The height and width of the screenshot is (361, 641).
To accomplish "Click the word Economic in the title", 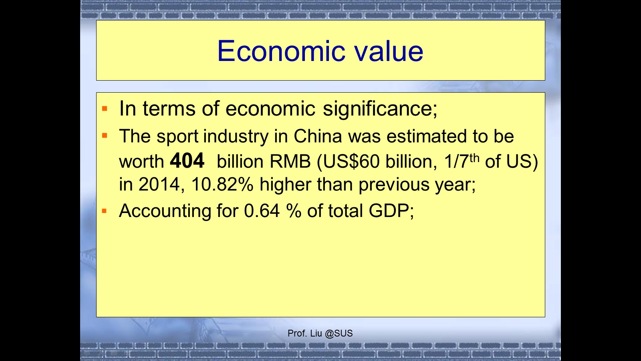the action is (281, 51).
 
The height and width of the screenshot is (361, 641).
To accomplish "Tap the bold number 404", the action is (187, 160).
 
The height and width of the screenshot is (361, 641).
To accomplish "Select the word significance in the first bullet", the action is (380, 109).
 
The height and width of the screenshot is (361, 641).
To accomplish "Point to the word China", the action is (318, 136).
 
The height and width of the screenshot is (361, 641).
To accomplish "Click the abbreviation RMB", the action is (290, 161).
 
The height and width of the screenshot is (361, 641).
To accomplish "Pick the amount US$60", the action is (352, 162).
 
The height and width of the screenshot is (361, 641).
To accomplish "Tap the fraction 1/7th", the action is (462, 161).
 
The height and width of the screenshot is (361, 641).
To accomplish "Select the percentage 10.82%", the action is (222, 184).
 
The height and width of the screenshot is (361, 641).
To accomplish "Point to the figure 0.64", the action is (262, 211).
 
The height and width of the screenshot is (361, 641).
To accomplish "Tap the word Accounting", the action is (165, 211).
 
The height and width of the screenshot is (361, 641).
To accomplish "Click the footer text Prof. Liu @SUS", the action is (320, 333).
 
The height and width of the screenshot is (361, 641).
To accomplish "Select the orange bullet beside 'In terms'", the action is (105, 109).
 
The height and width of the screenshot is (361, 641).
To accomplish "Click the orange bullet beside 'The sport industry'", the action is (105, 135).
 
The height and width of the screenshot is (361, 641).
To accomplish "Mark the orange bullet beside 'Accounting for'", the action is (104, 211).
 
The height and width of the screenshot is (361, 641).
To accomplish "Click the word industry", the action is (236, 136).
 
